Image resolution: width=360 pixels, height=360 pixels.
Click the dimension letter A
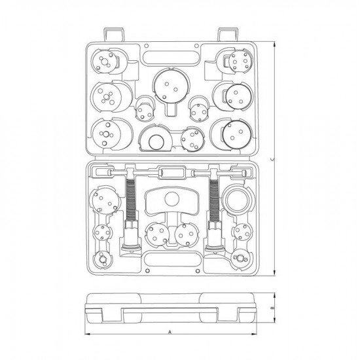(x=170, y=333)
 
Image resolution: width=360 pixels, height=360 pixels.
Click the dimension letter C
(x=272, y=160)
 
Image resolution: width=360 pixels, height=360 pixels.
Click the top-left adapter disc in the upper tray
(x=105, y=63)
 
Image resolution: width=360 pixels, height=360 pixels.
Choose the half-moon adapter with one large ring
(x=156, y=140)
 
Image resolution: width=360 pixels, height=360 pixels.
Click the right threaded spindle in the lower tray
(x=213, y=196)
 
